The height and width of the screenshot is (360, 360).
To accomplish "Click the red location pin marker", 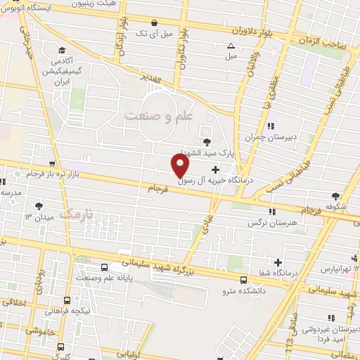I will pos(181,165).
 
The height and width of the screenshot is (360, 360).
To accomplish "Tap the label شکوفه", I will pos(335,207).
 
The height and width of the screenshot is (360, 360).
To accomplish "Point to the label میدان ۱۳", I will pos(39,217).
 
